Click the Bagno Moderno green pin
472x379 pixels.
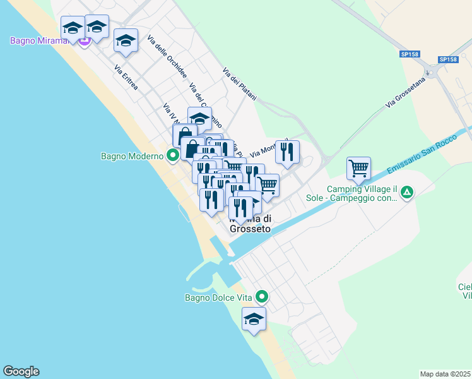click(x=172, y=155)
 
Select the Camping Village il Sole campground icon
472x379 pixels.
click(x=408, y=192)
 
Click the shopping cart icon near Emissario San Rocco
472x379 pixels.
click(x=358, y=168)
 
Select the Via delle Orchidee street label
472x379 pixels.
click(x=167, y=57)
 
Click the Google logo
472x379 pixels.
click(x=21, y=371)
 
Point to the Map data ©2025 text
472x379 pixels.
click(x=445, y=374)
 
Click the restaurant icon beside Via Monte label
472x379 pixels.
click(x=287, y=151)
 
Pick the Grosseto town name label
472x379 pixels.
click(x=251, y=229)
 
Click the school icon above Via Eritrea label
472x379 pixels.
click(x=126, y=41)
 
